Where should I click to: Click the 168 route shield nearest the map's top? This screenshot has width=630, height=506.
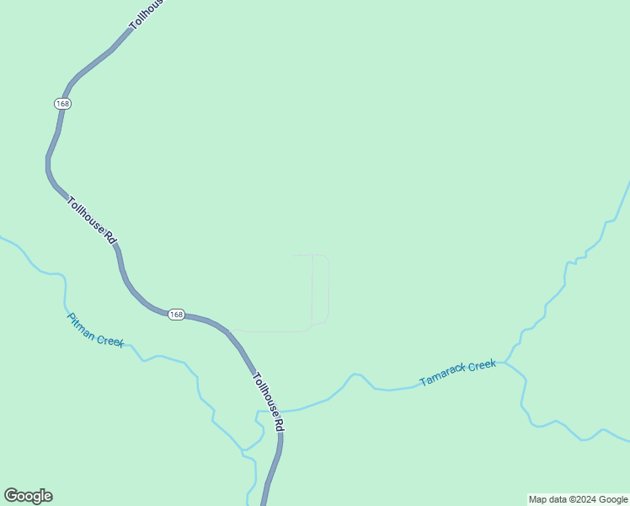click(x=62, y=103)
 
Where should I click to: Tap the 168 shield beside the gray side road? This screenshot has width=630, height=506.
click(x=175, y=314)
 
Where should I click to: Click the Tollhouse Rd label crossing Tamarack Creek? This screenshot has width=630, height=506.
click(x=269, y=403)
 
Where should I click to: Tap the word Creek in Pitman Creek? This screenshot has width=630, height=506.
click(x=110, y=340)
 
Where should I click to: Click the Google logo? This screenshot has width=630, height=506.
click(x=28, y=496)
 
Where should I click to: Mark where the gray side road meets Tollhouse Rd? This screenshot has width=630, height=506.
click(x=230, y=331)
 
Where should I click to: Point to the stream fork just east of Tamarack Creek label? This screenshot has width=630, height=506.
click(x=505, y=363)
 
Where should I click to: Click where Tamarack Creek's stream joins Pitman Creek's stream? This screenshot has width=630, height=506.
click(x=258, y=412)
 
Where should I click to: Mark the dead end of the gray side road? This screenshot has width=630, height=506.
click(x=293, y=255)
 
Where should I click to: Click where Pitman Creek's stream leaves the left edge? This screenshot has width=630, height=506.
click(x=2, y=238)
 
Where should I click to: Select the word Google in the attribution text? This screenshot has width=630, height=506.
click(x=613, y=499)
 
